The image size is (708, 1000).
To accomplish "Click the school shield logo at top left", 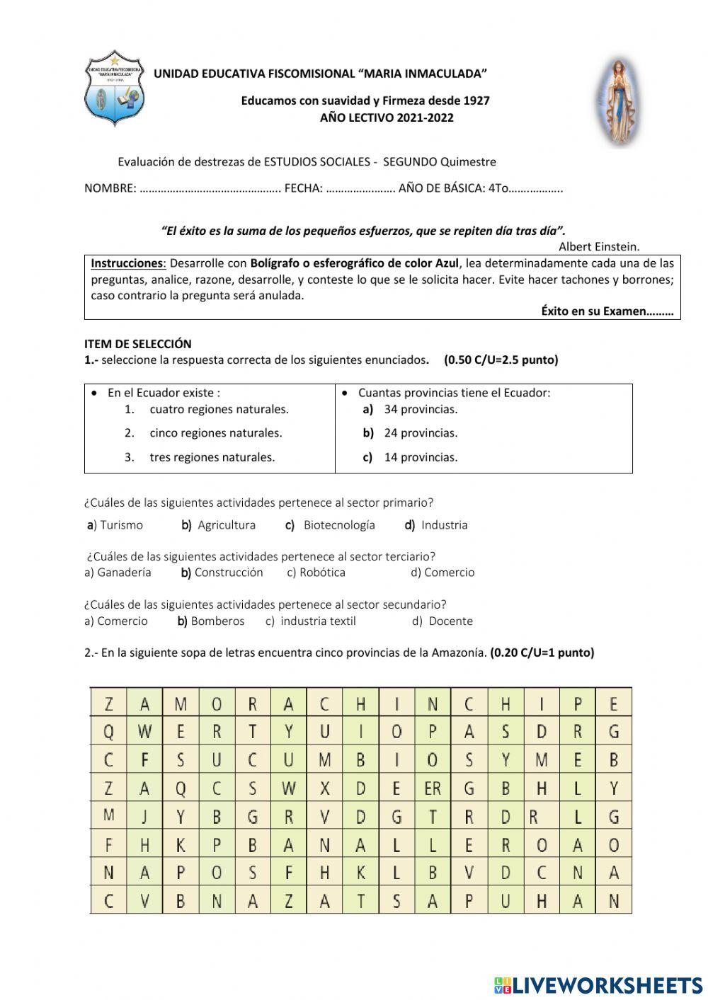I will [x=114, y=89].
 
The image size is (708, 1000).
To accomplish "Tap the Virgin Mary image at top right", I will [x=615, y=103].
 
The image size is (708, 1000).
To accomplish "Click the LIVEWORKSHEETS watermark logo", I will [x=598, y=984].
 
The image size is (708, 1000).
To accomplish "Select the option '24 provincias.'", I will [x=421, y=433].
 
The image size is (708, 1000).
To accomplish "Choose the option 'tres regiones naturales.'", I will [x=212, y=457].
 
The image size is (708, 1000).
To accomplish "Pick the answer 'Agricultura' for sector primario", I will [x=227, y=525].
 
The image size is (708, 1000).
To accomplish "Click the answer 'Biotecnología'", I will [x=339, y=525].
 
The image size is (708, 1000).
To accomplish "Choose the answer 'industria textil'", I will [x=318, y=621].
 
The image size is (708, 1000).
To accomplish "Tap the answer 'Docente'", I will [x=450, y=621].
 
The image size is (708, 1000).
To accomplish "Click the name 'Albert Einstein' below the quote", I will [x=598, y=247].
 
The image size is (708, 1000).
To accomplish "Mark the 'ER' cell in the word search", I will [x=433, y=788].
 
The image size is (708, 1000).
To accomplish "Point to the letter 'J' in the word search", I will [x=145, y=817].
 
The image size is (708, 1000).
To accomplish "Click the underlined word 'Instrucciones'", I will [x=127, y=263].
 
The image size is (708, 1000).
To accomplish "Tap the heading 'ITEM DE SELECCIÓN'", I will [x=138, y=344].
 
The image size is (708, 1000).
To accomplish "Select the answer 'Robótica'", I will [x=322, y=573].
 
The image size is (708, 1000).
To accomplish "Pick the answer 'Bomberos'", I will [x=217, y=621].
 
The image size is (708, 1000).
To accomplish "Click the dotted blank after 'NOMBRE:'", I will [x=210, y=189].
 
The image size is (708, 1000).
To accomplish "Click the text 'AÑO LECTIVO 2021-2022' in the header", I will [x=387, y=117].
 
